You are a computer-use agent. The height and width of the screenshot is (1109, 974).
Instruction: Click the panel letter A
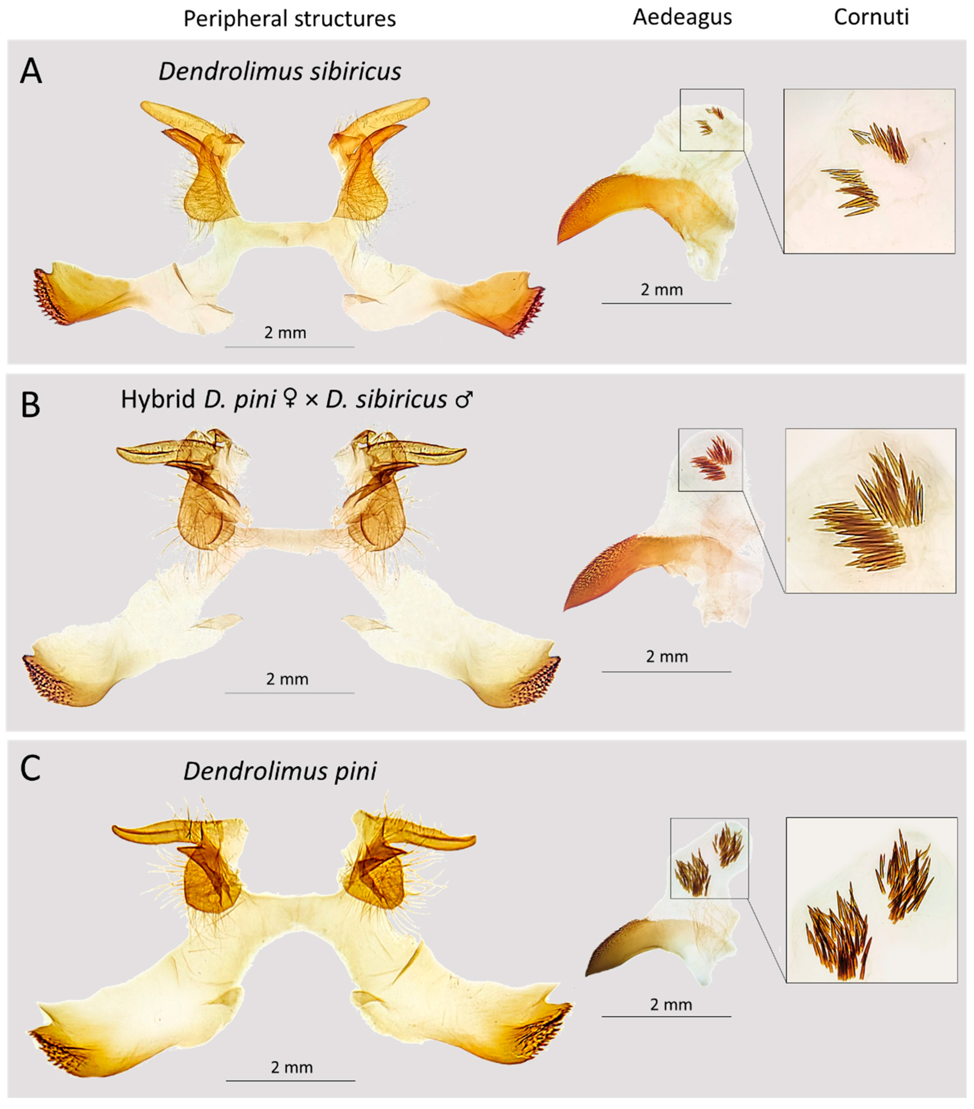point(31,71)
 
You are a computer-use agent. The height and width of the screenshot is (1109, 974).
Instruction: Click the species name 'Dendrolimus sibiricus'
point(279,72)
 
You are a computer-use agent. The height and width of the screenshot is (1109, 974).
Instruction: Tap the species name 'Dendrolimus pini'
point(280,770)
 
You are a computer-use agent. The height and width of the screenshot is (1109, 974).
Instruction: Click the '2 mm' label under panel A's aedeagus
point(661,290)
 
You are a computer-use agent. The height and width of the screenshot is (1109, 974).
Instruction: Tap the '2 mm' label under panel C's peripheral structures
point(292,1067)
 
